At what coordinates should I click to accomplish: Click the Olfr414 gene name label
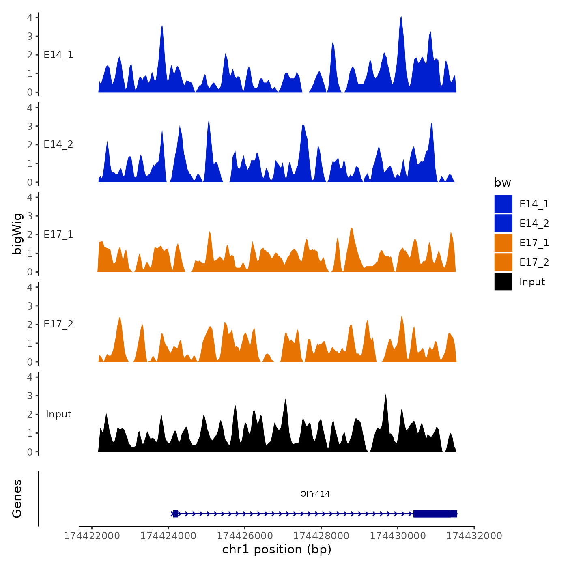click(315, 494)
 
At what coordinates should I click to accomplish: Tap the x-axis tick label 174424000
click(168, 536)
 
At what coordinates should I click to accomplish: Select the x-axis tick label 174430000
click(398, 536)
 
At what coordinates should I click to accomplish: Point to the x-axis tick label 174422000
click(92, 536)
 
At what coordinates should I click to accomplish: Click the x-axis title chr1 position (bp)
click(277, 549)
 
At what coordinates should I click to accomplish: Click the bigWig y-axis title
click(17, 234)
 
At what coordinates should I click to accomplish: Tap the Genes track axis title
click(17, 499)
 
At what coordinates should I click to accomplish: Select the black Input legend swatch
click(503, 282)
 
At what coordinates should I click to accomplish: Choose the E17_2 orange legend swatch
click(503, 262)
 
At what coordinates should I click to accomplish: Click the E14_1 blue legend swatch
click(503, 204)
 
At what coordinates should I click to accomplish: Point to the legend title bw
click(502, 183)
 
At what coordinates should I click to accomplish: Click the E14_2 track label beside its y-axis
click(58, 144)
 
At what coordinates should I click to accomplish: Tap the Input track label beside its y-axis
click(58, 414)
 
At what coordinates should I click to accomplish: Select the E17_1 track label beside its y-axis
click(58, 235)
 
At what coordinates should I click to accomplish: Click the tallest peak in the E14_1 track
click(401, 18)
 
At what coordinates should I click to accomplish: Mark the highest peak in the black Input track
click(386, 395)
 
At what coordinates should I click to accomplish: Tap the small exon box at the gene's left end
click(175, 514)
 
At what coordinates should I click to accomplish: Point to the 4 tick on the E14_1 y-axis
click(30, 17)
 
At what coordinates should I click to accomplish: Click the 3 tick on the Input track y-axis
click(30, 396)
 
